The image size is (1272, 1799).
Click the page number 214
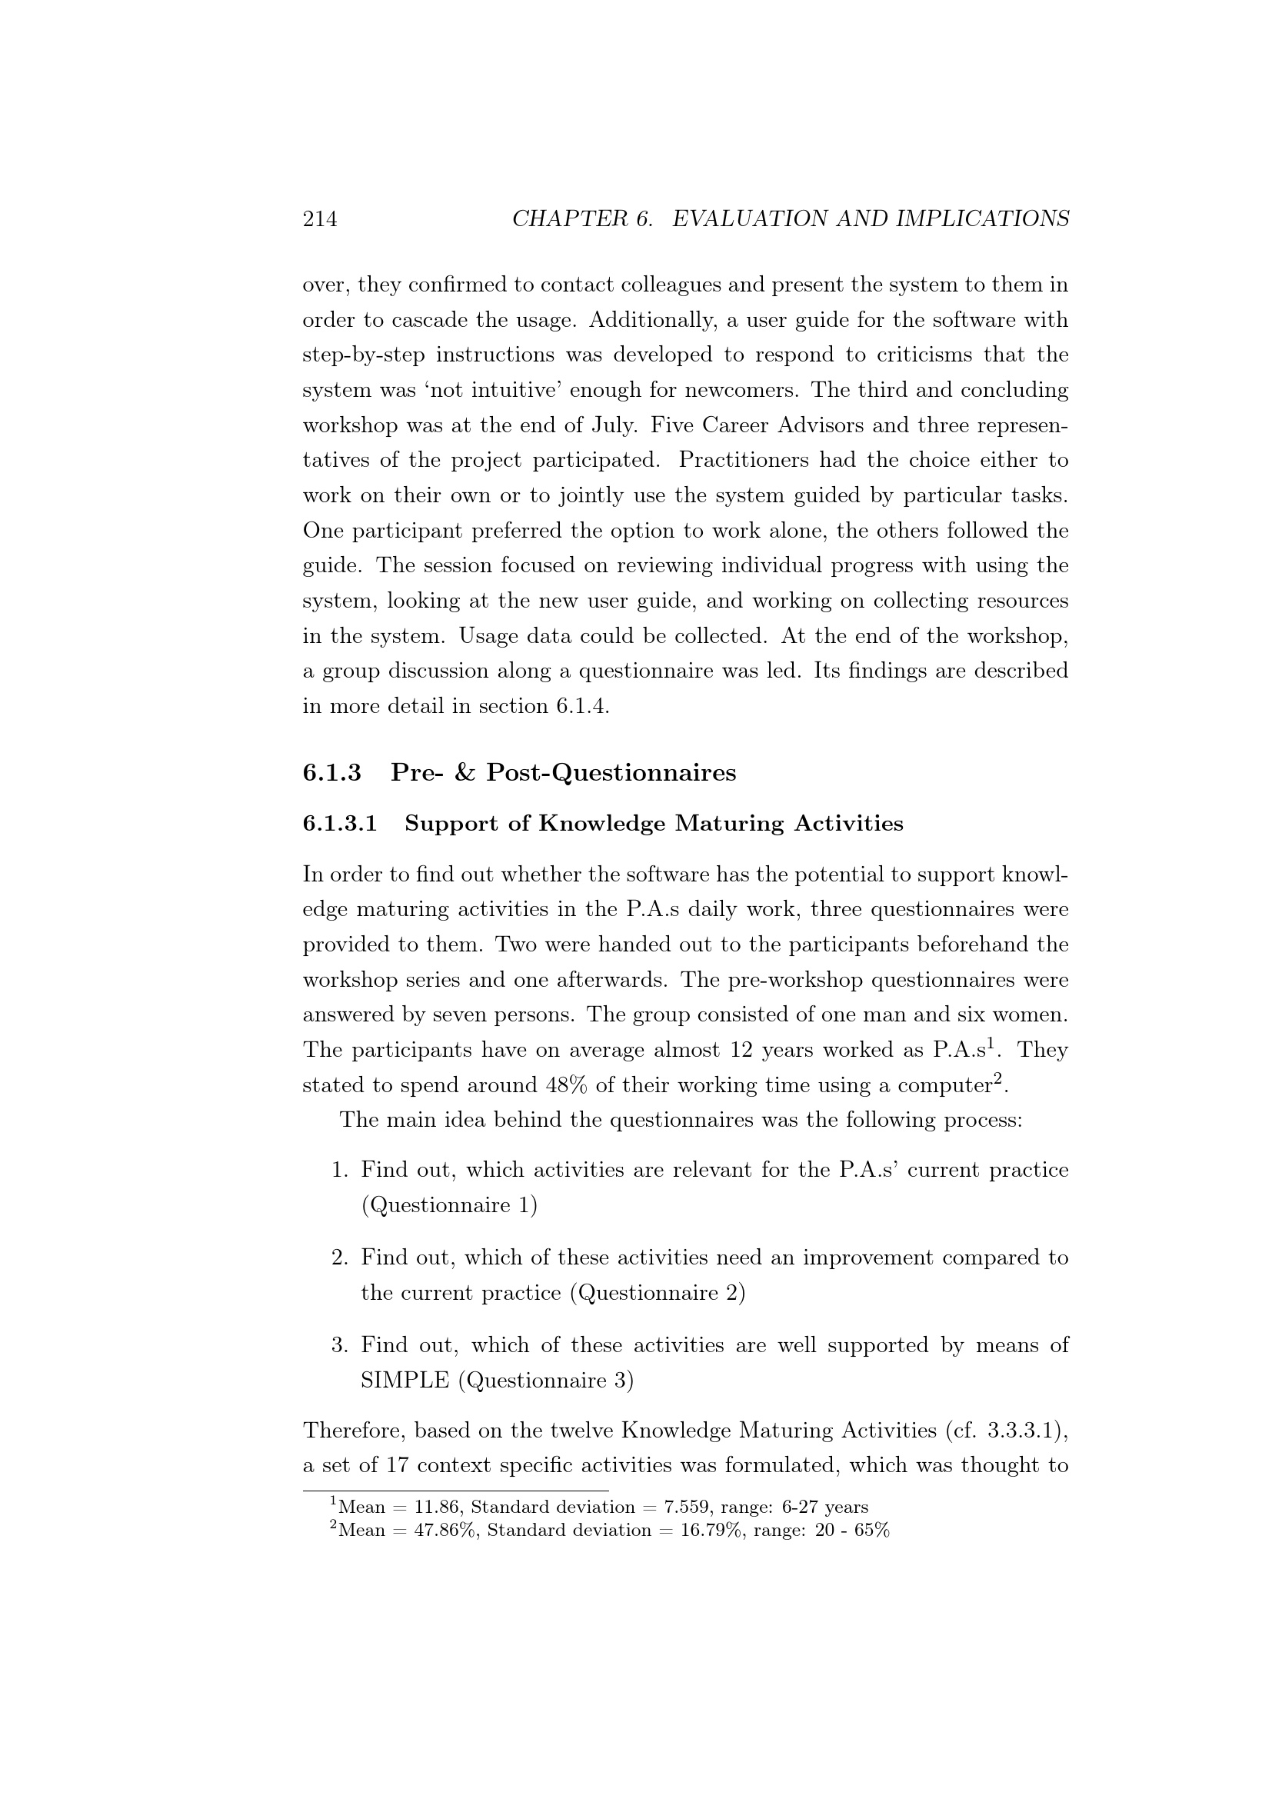pos(320,218)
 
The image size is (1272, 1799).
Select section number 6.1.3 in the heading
pos(332,772)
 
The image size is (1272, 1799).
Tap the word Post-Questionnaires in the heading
pos(611,772)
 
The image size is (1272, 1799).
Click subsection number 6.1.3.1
pos(340,824)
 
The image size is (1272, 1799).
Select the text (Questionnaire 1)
pos(449,1205)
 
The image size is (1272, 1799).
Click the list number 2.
pos(338,1258)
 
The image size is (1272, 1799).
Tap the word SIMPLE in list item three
pos(405,1381)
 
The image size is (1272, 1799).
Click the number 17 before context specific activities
pos(398,1465)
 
